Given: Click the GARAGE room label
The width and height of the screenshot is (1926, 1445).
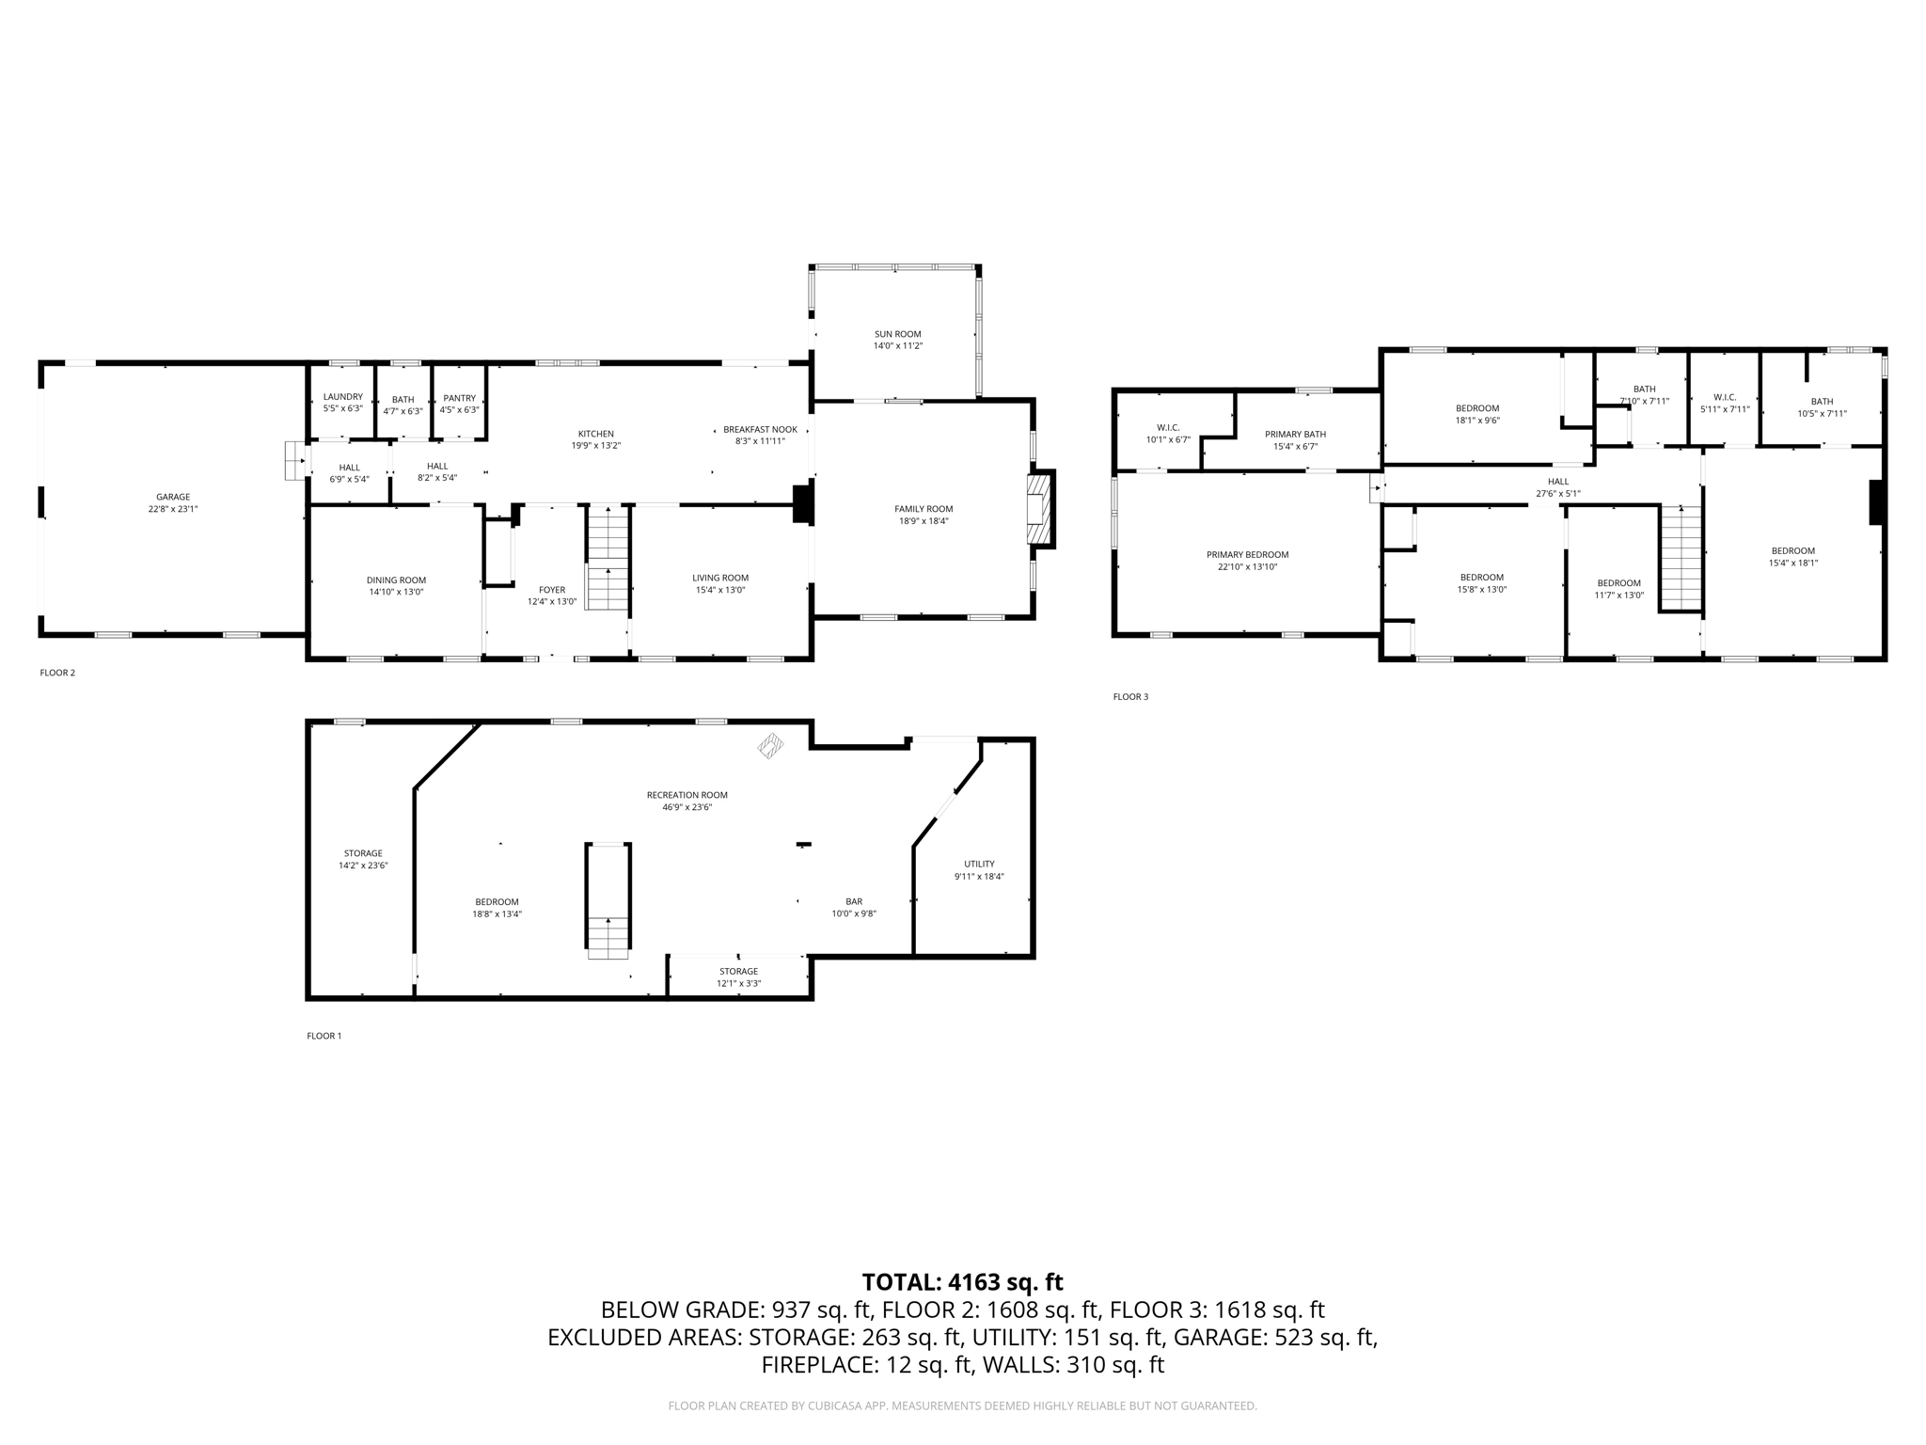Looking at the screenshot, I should click(x=173, y=497).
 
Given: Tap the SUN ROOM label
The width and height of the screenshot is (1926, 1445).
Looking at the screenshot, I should click(x=897, y=334).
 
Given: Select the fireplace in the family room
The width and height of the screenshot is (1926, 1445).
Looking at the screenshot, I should click(x=1038, y=510).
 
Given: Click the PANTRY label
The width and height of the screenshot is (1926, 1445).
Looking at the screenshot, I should click(x=459, y=398).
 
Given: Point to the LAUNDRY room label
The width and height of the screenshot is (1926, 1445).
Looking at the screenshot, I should click(x=342, y=397).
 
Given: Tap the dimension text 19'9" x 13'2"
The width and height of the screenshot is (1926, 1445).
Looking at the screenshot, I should click(x=595, y=446).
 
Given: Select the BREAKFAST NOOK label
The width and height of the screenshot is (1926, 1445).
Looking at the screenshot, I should click(x=760, y=429).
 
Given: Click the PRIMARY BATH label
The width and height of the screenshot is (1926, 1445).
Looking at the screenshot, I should click(x=1295, y=435).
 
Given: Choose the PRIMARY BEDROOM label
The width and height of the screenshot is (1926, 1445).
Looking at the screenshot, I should click(x=1247, y=555).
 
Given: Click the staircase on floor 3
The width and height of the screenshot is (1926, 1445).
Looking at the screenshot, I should click(x=1681, y=557).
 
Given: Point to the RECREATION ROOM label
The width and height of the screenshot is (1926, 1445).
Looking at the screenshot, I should click(x=687, y=795).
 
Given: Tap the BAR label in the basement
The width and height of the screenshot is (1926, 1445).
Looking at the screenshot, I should click(x=853, y=901).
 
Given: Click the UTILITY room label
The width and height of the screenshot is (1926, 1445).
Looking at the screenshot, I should click(x=978, y=864).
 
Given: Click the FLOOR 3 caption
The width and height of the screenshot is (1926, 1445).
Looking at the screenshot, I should click(x=1130, y=697).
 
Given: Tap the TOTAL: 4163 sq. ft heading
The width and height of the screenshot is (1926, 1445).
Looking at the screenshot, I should click(x=962, y=1282).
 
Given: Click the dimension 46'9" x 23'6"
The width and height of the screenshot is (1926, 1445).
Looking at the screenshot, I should click(x=687, y=807).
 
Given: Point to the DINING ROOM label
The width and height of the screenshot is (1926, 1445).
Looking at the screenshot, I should click(x=396, y=580).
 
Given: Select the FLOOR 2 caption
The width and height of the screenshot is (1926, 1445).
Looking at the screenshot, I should click(x=57, y=673).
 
